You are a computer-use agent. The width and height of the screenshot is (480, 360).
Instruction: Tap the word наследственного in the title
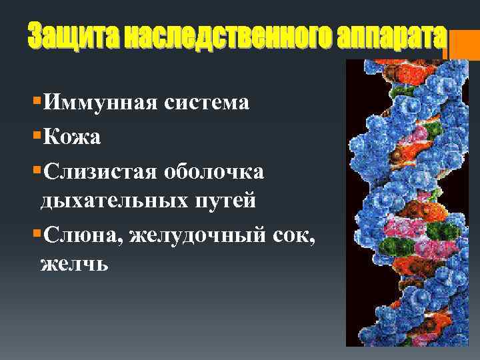tap(213, 37)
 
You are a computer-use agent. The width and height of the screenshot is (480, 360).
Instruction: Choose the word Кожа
tap(71, 137)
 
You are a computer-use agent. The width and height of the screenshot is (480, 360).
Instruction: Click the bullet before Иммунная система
tap(36, 101)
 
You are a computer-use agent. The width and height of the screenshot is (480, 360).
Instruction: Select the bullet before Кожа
tap(36, 136)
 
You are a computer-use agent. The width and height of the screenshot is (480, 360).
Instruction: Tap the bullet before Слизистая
tap(36, 171)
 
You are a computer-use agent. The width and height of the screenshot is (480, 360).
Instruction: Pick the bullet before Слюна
tap(36, 234)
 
